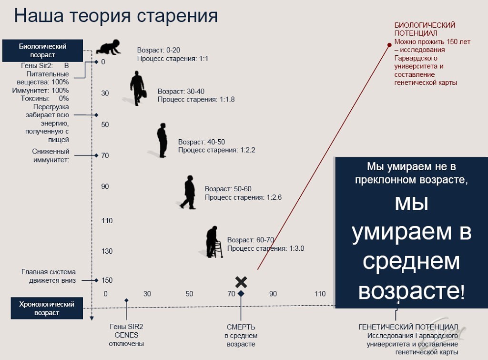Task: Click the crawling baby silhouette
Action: click(108, 47)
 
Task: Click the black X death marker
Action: click(241, 282)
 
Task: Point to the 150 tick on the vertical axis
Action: click(107, 280)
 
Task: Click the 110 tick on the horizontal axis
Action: click(320, 294)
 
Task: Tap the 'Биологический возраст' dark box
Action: click(42, 51)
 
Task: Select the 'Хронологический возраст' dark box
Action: click(47, 309)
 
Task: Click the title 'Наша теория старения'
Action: click(116, 16)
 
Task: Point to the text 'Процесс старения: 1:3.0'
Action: click(265, 248)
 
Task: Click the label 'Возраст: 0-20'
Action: click(158, 50)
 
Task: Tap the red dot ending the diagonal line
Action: click(389, 45)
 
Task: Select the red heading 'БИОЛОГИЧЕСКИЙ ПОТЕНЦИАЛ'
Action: click(425, 29)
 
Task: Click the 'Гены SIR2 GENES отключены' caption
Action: click(126, 335)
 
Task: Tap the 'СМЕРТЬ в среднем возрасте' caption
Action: click(241, 336)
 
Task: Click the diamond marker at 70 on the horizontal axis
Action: click(241, 294)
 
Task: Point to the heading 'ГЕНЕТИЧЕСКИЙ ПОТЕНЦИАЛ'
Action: click(408, 327)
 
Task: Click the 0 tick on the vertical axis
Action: click(103, 62)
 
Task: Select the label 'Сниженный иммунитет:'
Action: click(51, 156)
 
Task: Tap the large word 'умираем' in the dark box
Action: click(401, 232)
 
